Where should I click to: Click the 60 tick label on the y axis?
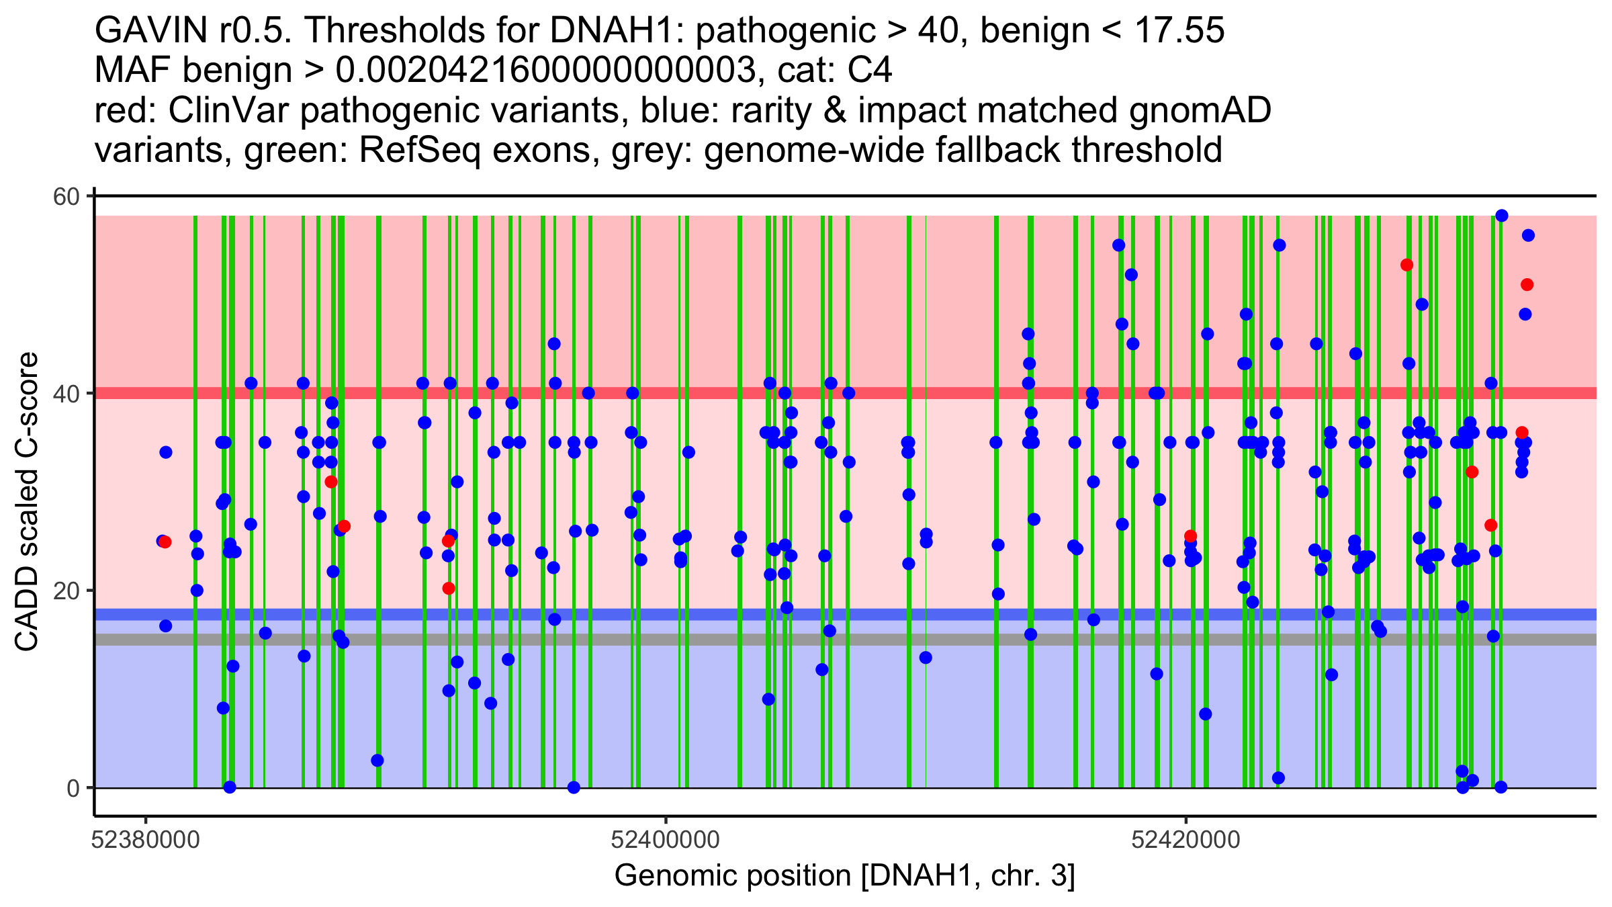point(66,197)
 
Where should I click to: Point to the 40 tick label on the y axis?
point(66,394)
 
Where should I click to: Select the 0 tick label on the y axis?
point(73,788)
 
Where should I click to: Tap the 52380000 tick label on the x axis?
point(145,840)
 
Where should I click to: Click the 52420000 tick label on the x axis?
point(1185,840)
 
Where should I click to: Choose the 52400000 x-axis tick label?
point(666,840)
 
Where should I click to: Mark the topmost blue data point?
point(1502,216)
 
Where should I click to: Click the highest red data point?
point(1407,265)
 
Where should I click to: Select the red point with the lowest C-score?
point(449,589)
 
